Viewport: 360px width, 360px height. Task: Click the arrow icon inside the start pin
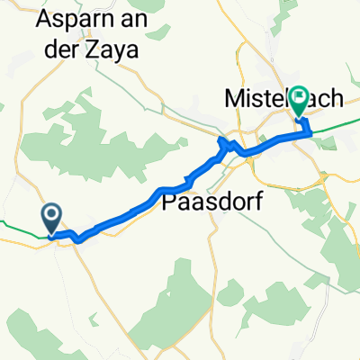(x=51, y=215)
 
